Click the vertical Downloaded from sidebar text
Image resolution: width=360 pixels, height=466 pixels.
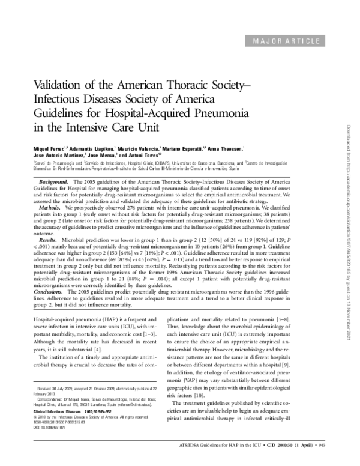(349, 234)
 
